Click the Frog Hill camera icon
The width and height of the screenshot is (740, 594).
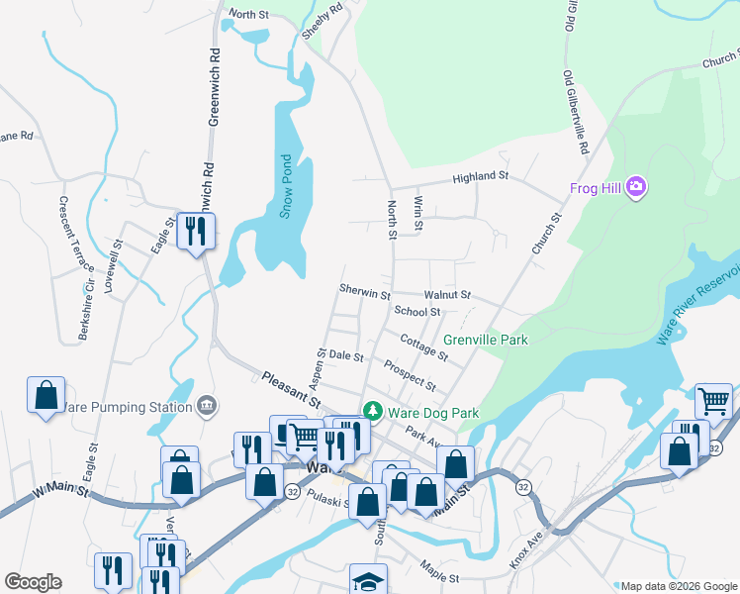637,188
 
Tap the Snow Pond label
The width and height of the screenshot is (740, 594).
286,186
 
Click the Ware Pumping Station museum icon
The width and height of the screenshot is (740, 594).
207,404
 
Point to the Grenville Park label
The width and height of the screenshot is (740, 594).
485,340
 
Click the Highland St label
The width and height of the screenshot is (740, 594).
480,177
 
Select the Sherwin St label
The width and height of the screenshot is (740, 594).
364,294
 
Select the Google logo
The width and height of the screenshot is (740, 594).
33,582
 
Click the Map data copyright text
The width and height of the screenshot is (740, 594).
677,585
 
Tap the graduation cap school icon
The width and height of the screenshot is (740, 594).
368,579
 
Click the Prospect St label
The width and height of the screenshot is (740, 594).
410,374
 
